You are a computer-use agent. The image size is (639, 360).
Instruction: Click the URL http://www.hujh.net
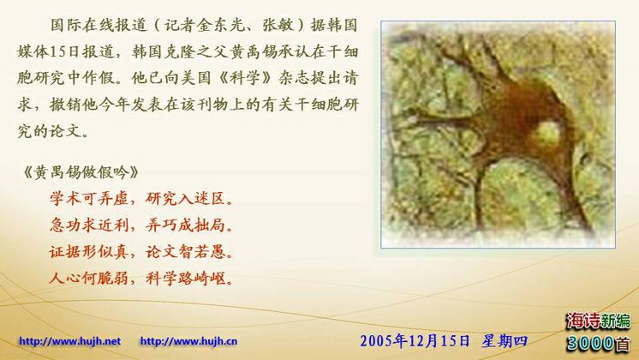[69, 341]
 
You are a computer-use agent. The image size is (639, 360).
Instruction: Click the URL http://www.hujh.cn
[188, 341]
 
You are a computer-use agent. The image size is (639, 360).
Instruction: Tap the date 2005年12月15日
[415, 341]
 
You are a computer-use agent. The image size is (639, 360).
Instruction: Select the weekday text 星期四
[505, 341]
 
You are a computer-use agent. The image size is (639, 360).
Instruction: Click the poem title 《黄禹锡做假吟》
[81, 172]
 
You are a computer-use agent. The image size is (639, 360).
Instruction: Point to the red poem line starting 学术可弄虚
[142, 199]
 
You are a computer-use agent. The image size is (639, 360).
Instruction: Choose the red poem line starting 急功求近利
[142, 225]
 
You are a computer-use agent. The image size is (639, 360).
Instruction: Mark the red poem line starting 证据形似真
[142, 251]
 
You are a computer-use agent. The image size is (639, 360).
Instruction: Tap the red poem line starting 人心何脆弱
[142, 278]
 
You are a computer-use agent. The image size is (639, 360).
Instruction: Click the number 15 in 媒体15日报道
[59, 51]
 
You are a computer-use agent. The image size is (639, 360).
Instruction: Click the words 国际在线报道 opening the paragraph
[99, 25]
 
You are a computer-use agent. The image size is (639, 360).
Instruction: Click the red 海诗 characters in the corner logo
[582, 321]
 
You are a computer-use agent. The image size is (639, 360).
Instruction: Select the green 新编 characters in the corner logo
[614, 321]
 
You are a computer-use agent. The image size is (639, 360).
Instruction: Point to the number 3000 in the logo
[590, 343]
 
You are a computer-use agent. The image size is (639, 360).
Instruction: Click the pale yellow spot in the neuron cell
[546, 134]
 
